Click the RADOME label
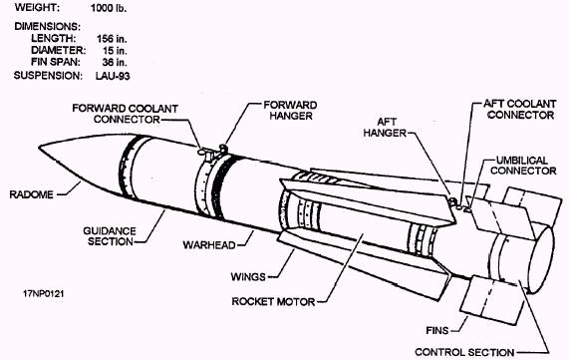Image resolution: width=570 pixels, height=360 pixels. click(31, 194)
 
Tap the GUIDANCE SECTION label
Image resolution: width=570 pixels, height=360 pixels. click(110, 236)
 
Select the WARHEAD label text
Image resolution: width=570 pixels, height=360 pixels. click(209, 244)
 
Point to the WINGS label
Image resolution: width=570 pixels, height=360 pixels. click(248, 277)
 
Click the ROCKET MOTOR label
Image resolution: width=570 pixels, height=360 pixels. click(273, 302)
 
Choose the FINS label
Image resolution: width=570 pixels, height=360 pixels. click(437, 330)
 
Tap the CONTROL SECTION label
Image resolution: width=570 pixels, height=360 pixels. click(464, 352)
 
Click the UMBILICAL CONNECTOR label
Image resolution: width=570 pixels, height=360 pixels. click(523, 166)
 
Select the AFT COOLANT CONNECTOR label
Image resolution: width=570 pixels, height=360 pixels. click(520, 110)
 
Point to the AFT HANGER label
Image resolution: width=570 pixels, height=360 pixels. click(385, 128)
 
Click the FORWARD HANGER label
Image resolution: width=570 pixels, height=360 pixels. click(290, 111)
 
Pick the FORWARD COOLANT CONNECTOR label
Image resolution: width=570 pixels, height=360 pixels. click(125, 114)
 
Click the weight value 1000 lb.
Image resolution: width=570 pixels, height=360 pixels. click(109, 8)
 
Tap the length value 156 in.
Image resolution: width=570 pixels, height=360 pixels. click(112, 39)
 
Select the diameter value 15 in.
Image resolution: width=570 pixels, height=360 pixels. click(115, 50)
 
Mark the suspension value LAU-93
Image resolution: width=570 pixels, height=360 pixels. click(113, 76)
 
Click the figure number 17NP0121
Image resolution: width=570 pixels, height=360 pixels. click(44, 294)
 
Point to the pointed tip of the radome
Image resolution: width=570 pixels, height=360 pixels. click(39, 147)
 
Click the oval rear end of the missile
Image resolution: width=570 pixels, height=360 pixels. click(541, 259)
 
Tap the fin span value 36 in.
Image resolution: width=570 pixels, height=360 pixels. click(115, 62)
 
